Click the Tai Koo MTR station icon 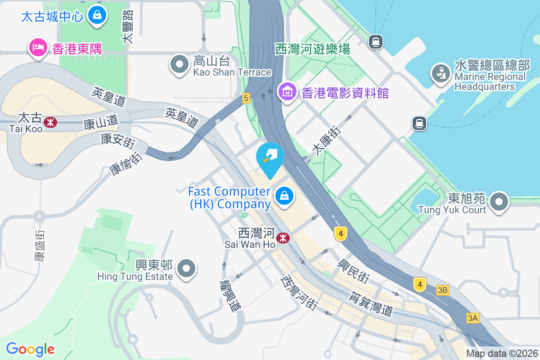click(50, 122)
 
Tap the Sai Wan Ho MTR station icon click(283, 238)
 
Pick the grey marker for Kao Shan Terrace click(180, 64)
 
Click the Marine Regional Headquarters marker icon click(441, 73)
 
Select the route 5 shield click(245, 98)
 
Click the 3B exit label click(442, 291)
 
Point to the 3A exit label click(472, 319)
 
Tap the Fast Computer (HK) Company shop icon click(284, 196)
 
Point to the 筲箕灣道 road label click(372, 303)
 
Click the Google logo click(31, 349)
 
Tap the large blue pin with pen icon click(270, 157)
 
